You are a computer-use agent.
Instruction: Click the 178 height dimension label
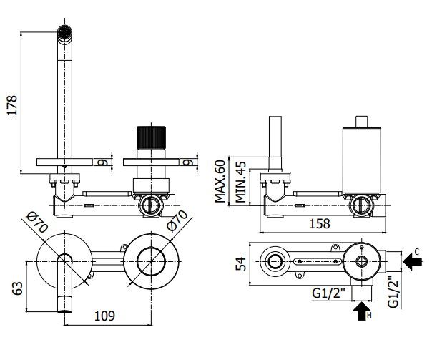coord(12,105)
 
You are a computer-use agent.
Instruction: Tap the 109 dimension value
coord(104,316)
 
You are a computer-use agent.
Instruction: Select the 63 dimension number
coord(18,288)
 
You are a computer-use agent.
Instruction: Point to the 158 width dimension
coord(320,223)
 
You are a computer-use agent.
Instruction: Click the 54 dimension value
coord(241,264)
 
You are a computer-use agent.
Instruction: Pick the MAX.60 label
coord(220,181)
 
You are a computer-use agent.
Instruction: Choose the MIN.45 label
coord(240,183)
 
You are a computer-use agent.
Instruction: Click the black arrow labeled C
coord(413,261)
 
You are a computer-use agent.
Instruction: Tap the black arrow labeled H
coord(362,311)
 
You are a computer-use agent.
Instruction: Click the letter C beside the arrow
coord(416,252)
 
